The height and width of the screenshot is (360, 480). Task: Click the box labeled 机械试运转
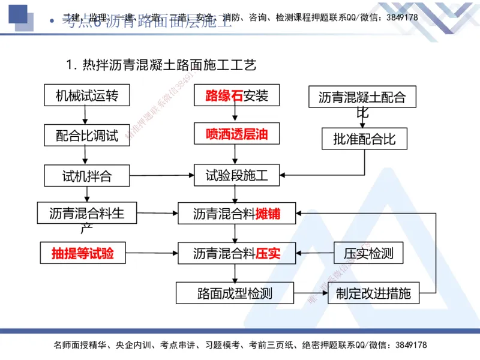coord(87,96)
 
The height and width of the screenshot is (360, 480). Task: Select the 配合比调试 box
coord(87,136)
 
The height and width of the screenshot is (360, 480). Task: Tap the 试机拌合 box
coord(87,176)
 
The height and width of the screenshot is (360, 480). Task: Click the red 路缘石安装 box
coord(236,96)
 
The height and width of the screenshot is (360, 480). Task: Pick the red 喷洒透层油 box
coord(236,134)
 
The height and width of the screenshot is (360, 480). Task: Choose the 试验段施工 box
coord(236,176)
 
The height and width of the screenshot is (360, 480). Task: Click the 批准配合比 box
coord(364,139)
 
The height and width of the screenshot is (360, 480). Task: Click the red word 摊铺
coord(268,214)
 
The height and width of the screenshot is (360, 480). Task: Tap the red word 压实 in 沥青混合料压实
coord(268,253)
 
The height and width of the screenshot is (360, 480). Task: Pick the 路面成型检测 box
coord(235,293)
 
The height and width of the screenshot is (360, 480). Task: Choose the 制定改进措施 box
coord(373,293)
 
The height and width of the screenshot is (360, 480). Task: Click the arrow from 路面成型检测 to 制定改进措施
coord(311,294)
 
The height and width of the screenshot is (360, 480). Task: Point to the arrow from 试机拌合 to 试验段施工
coord(162,176)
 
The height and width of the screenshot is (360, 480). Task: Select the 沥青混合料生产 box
coord(87,214)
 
